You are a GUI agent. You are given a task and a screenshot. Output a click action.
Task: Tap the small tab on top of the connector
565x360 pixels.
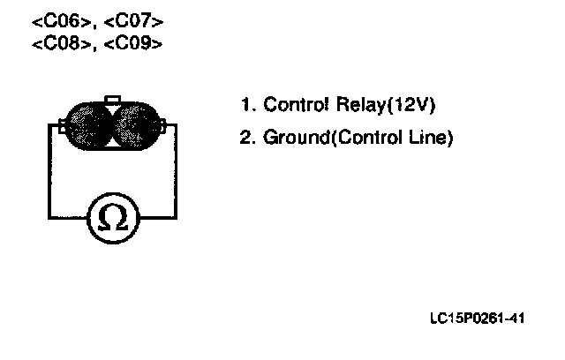point(112,99)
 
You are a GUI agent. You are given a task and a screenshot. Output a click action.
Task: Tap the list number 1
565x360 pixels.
point(245,105)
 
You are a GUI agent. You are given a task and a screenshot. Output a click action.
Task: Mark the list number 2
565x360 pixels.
point(245,139)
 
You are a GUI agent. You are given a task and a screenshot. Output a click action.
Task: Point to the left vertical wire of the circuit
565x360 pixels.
point(48,172)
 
